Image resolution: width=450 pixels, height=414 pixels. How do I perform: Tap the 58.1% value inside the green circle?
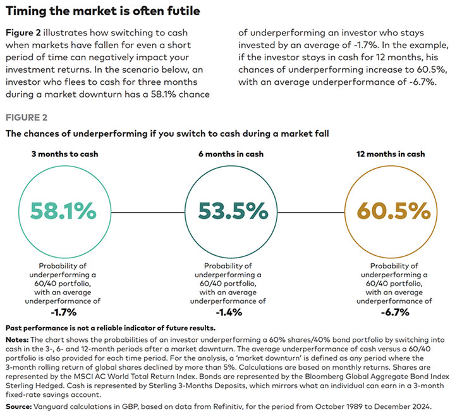[x=64, y=210]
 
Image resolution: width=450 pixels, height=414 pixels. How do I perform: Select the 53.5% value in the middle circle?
[x=226, y=210]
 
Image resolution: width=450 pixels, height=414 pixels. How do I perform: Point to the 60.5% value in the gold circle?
[x=386, y=210]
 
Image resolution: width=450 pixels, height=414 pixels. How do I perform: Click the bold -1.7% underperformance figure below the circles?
[x=64, y=313]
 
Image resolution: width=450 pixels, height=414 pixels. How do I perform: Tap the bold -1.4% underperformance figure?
[x=225, y=313]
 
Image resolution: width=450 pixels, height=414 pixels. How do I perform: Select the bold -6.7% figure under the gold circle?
[x=386, y=313]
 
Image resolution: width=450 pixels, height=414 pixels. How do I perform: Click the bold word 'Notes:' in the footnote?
[x=18, y=339]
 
